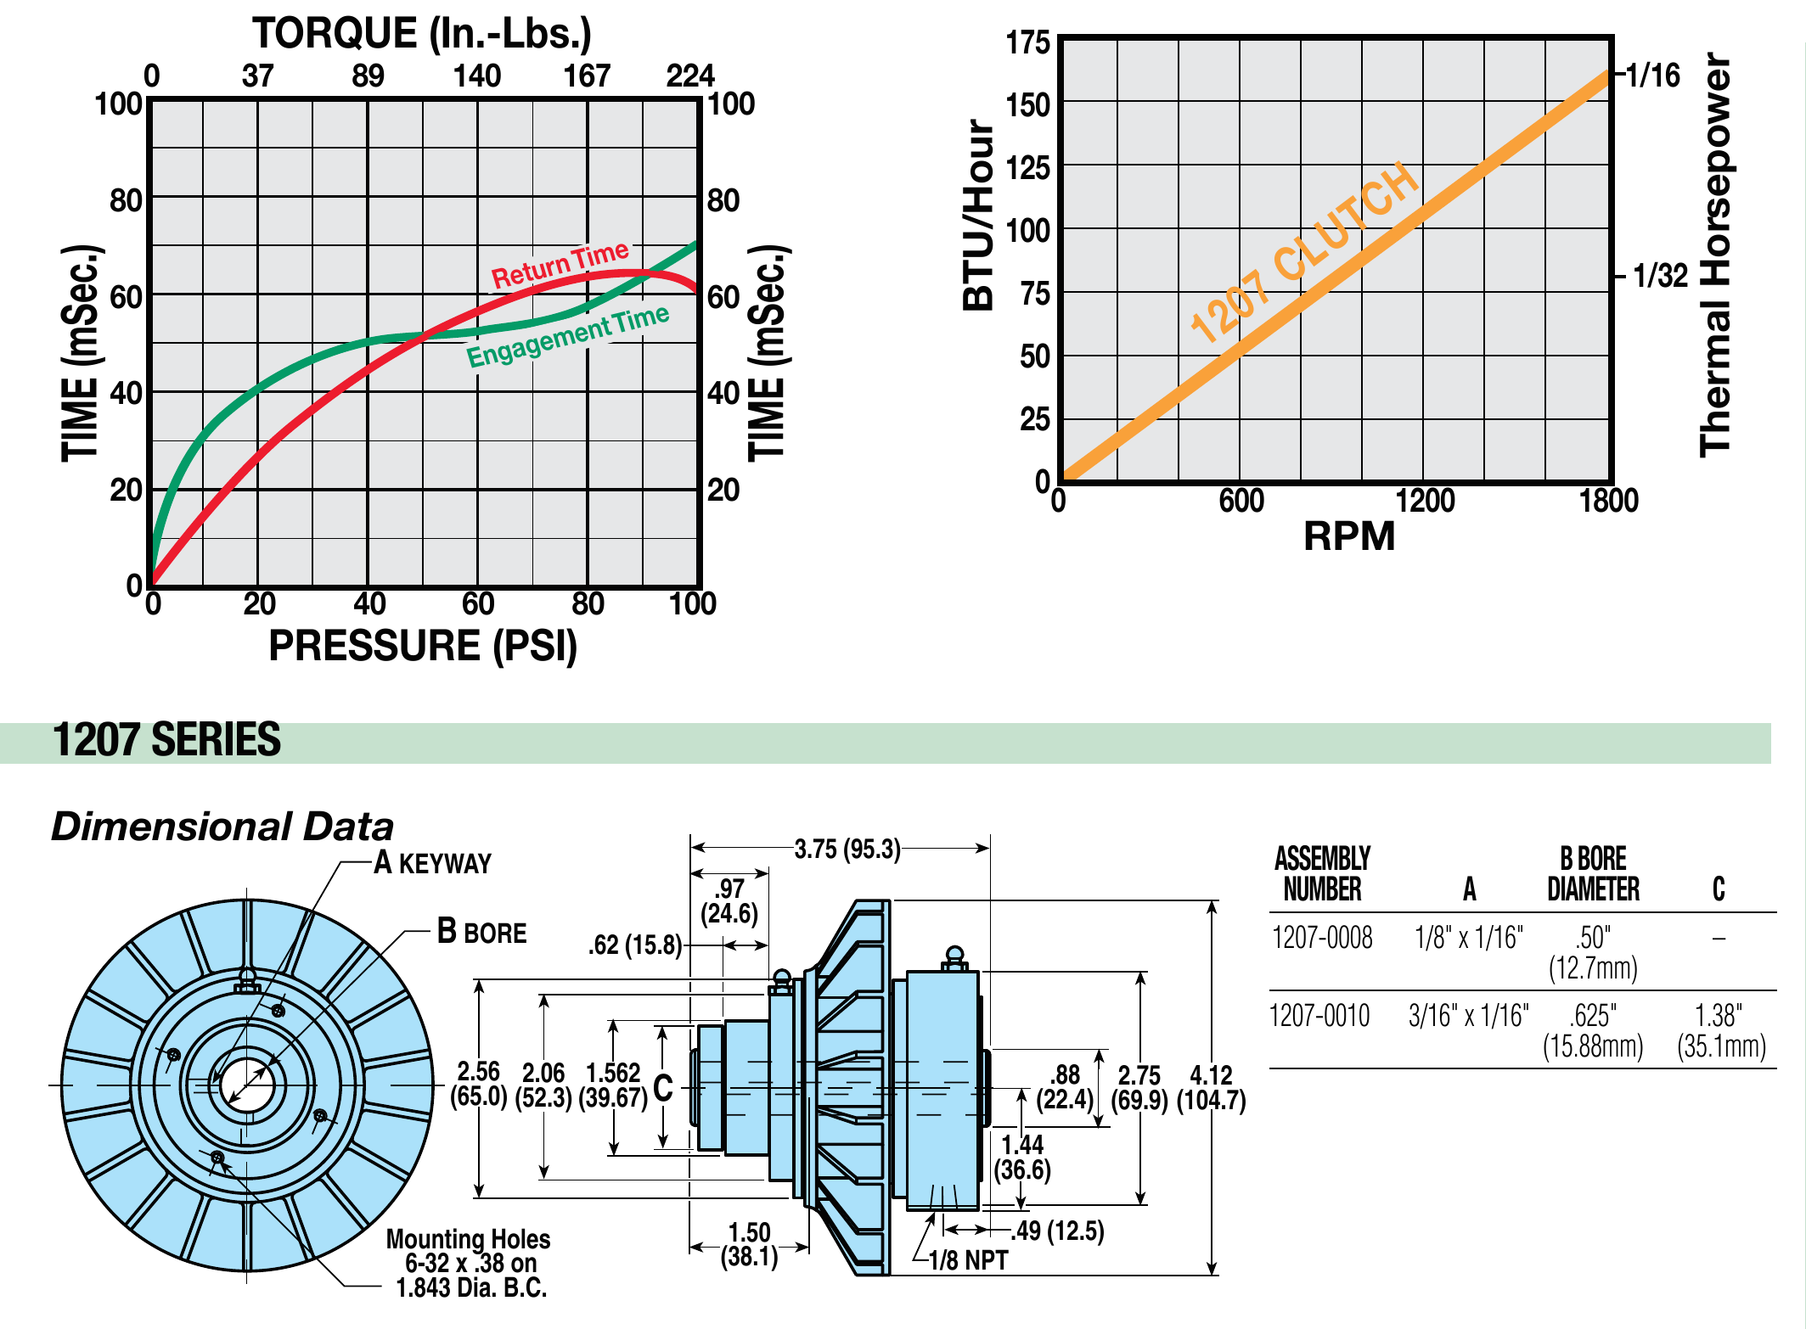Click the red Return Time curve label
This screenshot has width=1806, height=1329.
click(x=560, y=264)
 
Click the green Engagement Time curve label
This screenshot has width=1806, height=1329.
click(x=568, y=336)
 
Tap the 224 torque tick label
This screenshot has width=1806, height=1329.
click(x=689, y=76)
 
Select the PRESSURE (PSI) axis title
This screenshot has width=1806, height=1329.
click(x=423, y=646)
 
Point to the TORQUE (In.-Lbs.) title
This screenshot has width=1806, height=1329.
click(x=421, y=34)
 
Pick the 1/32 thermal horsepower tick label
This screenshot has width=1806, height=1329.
click(x=1660, y=276)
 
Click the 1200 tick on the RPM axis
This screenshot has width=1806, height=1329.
click(x=1425, y=501)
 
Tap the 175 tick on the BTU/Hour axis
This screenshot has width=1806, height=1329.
click(x=1027, y=42)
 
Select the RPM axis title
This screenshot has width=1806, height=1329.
click(x=1348, y=536)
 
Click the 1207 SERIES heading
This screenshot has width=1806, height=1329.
click(x=166, y=740)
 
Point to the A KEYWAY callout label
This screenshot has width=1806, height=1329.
click(x=432, y=863)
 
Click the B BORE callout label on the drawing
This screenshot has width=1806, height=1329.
click(x=481, y=932)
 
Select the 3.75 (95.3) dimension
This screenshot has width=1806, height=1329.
click(x=847, y=849)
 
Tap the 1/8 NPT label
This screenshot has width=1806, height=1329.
click(x=968, y=1260)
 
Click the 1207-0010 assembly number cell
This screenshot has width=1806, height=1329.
click(x=1319, y=1015)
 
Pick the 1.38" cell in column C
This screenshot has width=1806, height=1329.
click(x=1719, y=1015)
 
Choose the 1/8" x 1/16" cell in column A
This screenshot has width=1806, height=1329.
click(x=1468, y=938)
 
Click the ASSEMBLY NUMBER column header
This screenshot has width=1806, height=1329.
click(x=1322, y=873)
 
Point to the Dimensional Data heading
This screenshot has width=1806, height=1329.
click(x=222, y=827)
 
